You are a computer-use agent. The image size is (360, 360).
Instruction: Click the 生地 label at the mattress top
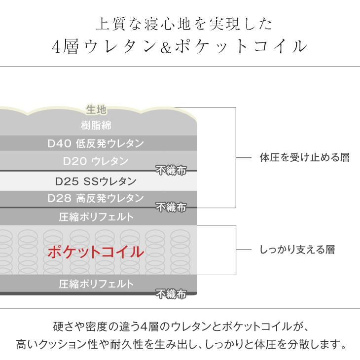pyautogui.click(x=97, y=109)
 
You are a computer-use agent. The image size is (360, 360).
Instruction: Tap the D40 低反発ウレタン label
pyautogui.click(x=96, y=144)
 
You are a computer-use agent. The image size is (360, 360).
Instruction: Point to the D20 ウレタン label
pyautogui.click(x=96, y=161)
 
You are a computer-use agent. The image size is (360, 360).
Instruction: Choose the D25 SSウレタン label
pyautogui.click(x=96, y=180)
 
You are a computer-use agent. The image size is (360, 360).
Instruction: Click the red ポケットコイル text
pyautogui.click(x=96, y=252)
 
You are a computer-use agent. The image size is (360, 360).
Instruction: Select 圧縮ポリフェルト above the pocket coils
pyautogui.click(x=96, y=216)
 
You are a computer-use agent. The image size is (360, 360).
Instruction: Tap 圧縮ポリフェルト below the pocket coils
pyautogui.click(x=96, y=284)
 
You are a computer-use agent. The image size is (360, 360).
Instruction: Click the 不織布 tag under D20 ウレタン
pyautogui.click(x=171, y=170)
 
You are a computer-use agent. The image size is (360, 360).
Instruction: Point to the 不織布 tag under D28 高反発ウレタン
pyautogui.click(x=171, y=207)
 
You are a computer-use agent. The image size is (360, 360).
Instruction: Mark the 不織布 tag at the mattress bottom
pyautogui.click(x=171, y=295)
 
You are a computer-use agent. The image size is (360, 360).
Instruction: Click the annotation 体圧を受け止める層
pyautogui.click(x=304, y=158)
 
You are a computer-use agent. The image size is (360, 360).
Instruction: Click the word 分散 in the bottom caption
pyautogui.click(x=289, y=342)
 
